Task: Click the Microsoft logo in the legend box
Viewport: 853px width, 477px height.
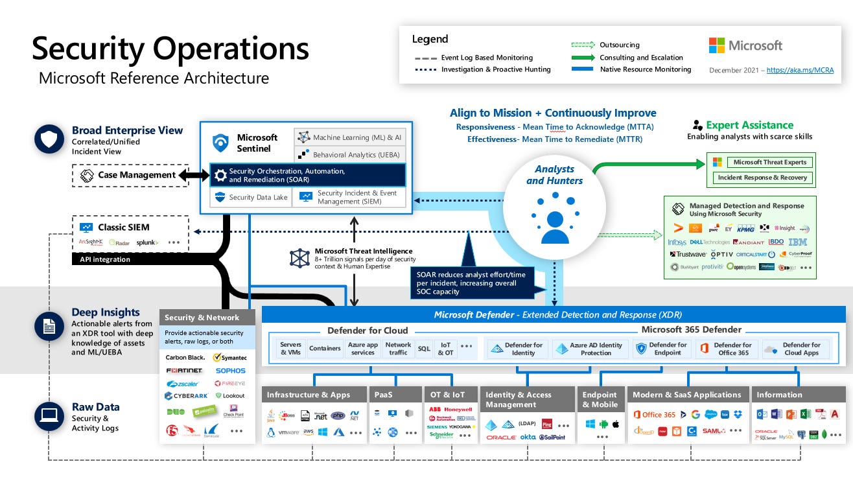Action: (x=745, y=45)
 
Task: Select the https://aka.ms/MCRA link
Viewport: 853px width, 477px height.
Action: (x=800, y=70)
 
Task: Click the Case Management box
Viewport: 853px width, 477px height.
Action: (x=130, y=175)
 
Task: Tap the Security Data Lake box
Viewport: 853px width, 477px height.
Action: (x=251, y=198)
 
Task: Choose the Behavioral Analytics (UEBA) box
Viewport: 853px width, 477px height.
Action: (x=350, y=155)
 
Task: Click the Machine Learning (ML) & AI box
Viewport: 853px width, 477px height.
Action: (x=350, y=137)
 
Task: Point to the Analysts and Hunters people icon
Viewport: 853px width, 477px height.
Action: (x=554, y=218)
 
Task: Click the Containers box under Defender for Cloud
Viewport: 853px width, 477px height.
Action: (x=325, y=349)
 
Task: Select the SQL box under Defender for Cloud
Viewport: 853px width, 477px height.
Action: (x=424, y=349)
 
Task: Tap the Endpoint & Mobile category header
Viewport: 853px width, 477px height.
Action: (x=600, y=399)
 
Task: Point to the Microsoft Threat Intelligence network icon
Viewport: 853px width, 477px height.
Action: (x=299, y=258)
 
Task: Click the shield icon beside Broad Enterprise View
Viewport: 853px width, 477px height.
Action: (x=49, y=139)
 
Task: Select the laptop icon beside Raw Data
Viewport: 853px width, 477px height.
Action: (x=49, y=416)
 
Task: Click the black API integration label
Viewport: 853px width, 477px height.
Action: (x=105, y=259)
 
